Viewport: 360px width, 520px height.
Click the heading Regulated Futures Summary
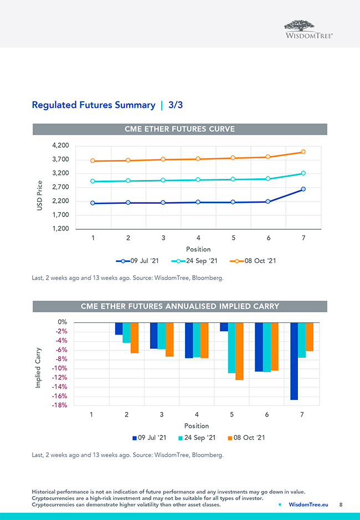94,105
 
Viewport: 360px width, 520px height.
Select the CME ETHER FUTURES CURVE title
180,129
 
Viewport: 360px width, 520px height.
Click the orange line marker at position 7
303,152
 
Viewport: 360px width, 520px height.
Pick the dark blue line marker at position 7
303,189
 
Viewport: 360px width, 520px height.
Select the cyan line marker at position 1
93,181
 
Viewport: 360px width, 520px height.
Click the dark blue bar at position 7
294,361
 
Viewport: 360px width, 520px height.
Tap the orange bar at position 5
239,351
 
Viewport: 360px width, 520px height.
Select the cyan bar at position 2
126,333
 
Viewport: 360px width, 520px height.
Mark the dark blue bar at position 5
224,327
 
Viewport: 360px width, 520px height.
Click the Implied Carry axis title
38,367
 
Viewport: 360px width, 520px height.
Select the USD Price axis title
39,195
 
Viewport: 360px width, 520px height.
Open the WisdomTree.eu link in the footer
308,504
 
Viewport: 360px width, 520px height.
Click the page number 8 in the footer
341,504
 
